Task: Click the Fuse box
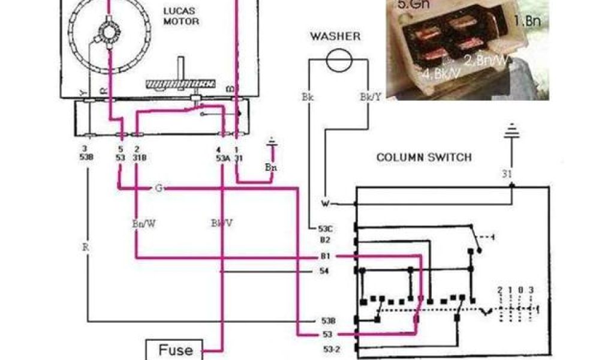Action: coord(175,349)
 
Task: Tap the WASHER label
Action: coord(335,37)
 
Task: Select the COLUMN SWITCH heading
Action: coord(424,158)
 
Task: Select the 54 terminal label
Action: coord(324,272)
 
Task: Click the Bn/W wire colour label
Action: coord(143,223)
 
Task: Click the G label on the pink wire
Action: coord(158,188)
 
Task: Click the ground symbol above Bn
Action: coord(272,143)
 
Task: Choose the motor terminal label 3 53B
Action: coord(87,152)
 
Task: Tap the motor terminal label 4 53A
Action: coord(222,152)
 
